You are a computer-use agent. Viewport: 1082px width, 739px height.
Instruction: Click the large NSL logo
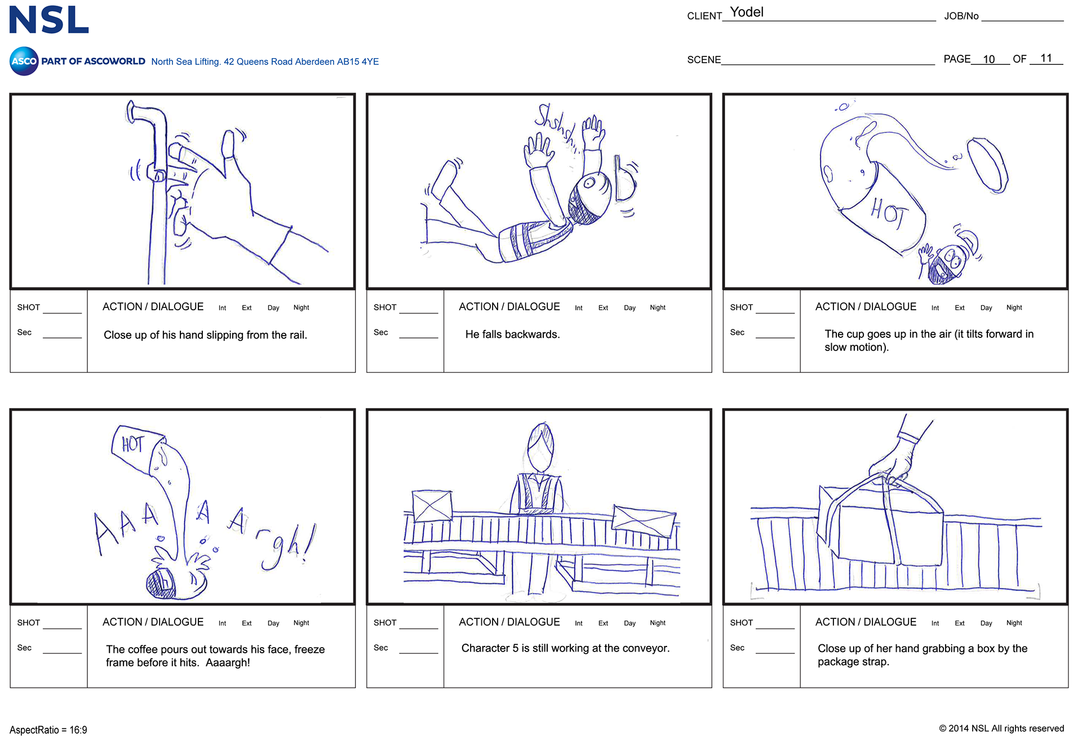(49, 20)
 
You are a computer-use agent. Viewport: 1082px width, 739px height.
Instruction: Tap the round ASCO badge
(24, 61)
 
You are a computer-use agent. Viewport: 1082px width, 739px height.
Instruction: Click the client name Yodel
(747, 12)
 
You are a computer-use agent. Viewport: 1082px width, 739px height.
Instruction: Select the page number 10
(988, 59)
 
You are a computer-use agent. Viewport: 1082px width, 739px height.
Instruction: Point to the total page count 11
(1046, 58)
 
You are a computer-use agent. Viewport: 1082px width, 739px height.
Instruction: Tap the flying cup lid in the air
(988, 165)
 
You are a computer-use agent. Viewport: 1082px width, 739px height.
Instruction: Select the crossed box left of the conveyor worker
(432, 506)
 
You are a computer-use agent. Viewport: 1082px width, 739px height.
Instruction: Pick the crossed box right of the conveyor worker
(644, 521)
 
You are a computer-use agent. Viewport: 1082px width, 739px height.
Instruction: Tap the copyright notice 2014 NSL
(1001, 728)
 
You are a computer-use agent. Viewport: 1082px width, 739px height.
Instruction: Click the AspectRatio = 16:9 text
(48, 730)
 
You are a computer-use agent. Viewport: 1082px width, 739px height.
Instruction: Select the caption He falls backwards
(512, 335)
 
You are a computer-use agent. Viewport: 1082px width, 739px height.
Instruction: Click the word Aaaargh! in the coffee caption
(228, 662)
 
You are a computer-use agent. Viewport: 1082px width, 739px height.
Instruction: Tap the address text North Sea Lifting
(185, 61)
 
